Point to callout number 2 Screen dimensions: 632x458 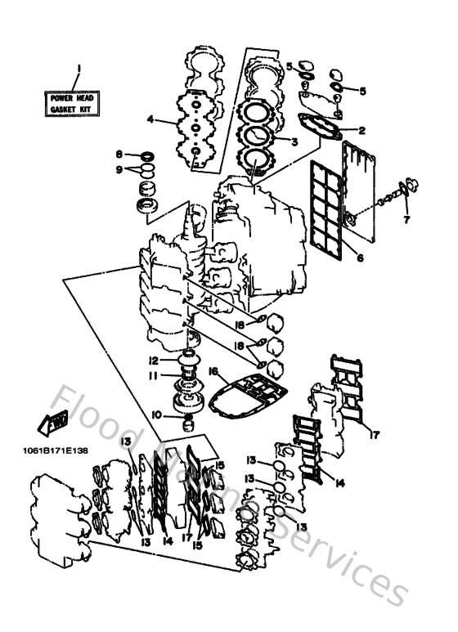tap(361, 130)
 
